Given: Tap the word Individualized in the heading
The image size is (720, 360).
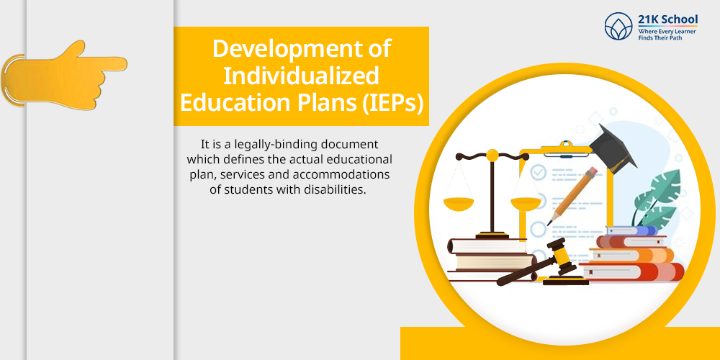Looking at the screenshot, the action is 301,76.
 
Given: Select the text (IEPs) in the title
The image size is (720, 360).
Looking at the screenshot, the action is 392,103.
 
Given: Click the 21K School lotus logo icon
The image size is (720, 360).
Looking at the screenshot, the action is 618,26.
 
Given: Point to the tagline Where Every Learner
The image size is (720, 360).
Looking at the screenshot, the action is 667,31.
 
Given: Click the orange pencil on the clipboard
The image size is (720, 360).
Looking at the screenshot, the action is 572,196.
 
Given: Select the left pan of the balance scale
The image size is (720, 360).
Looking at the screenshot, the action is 458,204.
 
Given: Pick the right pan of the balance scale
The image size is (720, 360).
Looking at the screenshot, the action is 526,204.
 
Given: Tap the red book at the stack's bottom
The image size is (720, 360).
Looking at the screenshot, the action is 632,271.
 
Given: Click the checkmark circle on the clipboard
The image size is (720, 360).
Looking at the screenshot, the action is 538,173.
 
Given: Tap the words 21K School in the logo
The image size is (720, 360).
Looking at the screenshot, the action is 667,19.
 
